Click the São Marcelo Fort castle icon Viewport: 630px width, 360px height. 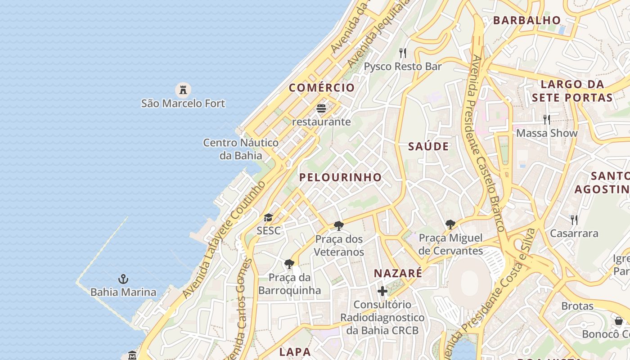183,90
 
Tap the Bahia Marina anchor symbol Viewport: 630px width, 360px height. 123,279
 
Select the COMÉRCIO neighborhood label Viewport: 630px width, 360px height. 322,88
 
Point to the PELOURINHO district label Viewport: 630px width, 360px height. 341,177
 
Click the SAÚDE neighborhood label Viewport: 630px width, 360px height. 428,146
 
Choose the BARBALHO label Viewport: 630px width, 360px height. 527,20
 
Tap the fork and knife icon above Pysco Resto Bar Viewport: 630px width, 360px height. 403,53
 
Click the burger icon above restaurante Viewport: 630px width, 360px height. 321,108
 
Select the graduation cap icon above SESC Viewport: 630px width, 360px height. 268,218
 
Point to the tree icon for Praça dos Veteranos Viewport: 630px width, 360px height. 339,225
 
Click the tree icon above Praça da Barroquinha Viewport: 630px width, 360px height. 289,264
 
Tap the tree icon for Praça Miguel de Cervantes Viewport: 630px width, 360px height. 450,224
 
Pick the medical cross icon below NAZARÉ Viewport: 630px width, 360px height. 382,291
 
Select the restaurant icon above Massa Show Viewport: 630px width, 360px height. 547,119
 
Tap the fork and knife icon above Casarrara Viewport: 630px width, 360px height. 574,220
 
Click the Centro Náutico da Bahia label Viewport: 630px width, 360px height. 241,149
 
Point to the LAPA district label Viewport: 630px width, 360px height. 295,352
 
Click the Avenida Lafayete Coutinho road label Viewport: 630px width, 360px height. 224,239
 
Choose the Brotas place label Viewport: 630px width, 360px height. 577,306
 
